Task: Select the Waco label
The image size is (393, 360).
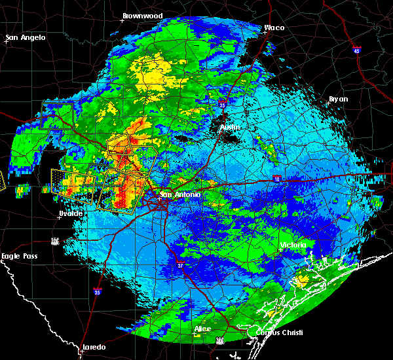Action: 274,28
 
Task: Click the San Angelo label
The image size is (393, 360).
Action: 26,37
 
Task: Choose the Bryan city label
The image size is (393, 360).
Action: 338,99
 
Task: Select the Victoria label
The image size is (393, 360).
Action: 293,245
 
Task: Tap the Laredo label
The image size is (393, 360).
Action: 93,347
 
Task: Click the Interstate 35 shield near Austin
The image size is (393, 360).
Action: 223,103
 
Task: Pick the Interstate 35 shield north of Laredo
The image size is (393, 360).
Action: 97,292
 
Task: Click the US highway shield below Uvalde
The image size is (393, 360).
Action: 56,240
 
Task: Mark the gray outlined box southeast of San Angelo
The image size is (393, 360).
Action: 58,115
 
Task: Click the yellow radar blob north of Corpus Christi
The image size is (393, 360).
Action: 302,280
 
